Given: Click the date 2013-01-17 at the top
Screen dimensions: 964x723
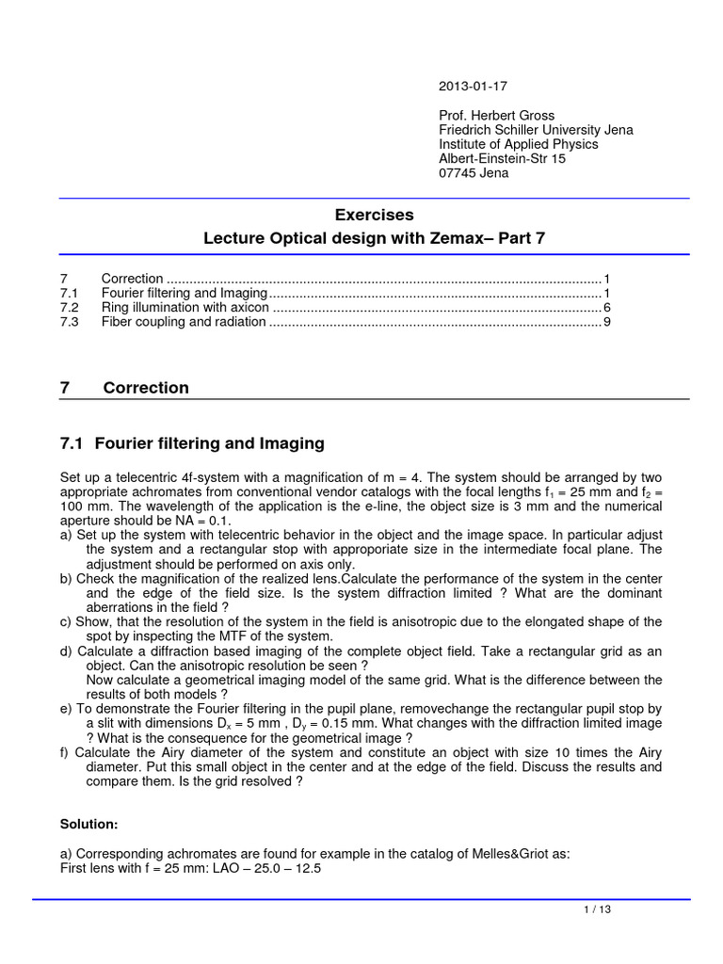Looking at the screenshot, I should click(x=472, y=87).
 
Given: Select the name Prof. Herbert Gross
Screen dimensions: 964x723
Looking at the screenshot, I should click(x=497, y=116).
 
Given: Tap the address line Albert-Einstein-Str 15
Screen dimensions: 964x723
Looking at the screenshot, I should click(x=503, y=159).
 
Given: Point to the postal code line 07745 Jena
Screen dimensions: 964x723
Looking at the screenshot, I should click(x=474, y=173).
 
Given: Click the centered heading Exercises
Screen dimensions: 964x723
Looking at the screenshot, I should click(x=375, y=215).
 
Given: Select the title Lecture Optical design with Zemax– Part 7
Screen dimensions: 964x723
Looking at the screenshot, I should click(x=375, y=239).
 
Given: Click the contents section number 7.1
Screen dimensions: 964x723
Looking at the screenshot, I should click(x=70, y=294).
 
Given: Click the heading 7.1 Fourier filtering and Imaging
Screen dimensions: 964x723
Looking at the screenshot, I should click(x=192, y=442).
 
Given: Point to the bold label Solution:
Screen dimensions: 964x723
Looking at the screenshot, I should click(x=88, y=824).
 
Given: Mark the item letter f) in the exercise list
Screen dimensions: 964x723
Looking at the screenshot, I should click(x=66, y=752).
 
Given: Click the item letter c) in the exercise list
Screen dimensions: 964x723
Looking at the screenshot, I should click(x=66, y=621).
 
